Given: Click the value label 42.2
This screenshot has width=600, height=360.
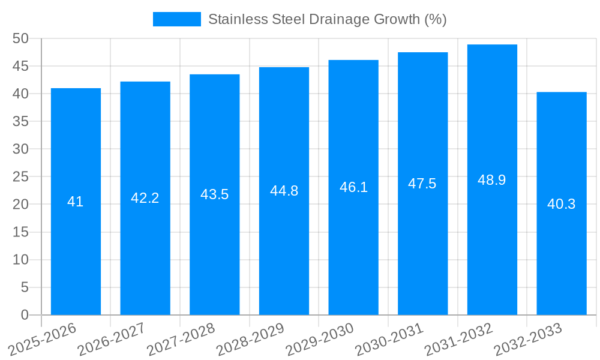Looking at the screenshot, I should pos(145,198).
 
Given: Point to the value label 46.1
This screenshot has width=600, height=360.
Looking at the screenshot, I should pos(353,187).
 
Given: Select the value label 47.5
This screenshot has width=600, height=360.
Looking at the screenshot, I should pos(422,184).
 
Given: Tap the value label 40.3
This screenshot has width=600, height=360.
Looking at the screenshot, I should pos(562,204).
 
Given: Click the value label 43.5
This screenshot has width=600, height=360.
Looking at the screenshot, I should pos(214,194).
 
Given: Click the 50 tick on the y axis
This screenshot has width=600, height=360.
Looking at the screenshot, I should pos(20,38).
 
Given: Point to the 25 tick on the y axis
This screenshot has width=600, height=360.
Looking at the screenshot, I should pos(20,176).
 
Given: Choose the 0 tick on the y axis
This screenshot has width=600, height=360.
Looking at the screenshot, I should pos(25,315).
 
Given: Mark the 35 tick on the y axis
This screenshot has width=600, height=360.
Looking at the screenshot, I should pos(20,121).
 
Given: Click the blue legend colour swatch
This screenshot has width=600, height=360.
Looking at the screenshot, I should pos(177,19).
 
